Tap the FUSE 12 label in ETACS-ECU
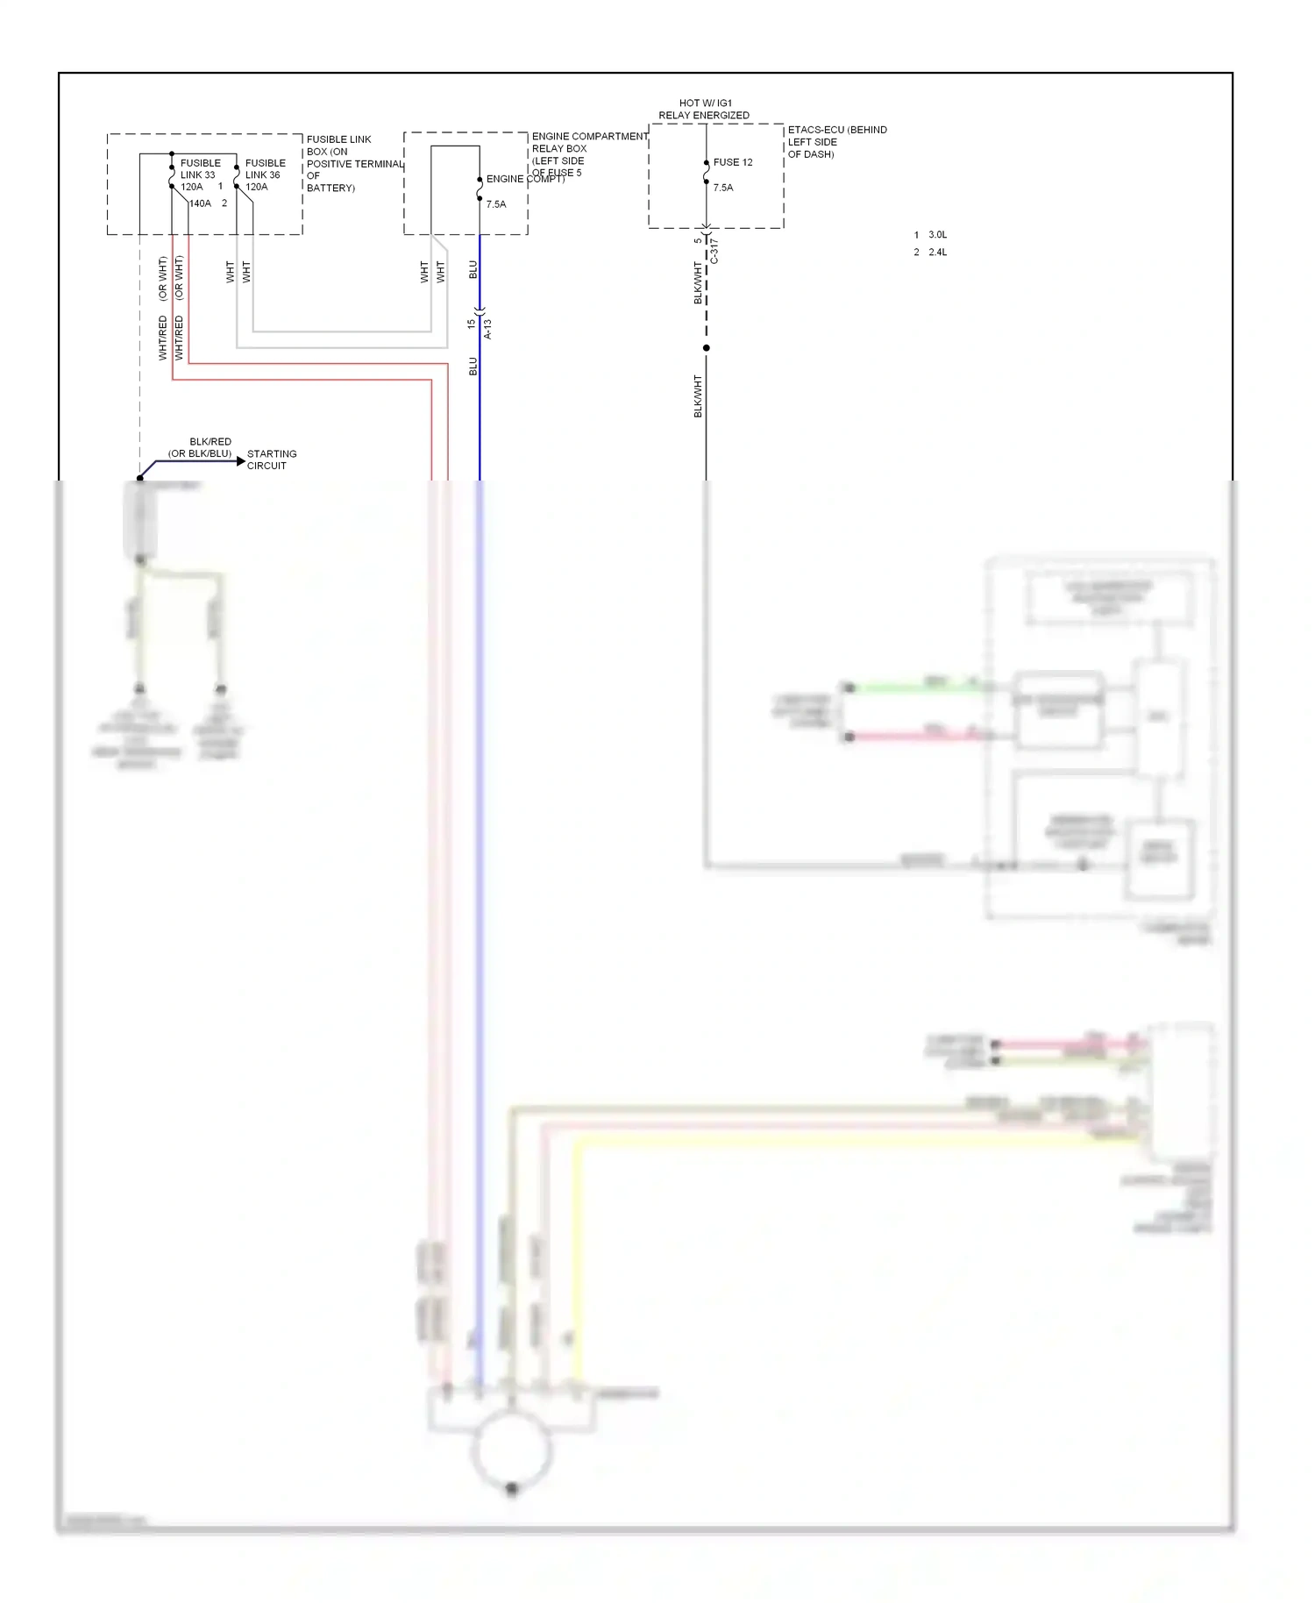click(733, 162)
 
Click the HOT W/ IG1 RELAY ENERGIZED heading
click(704, 110)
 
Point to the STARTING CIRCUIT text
click(271, 460)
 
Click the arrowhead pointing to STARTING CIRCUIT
click(241, 460)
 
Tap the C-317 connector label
click(714, 251)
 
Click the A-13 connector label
click(488, 329)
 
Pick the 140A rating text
click(201, 203)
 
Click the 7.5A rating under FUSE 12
click(723, 188)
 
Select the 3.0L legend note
click(937, 235)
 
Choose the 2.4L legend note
click(937, 253)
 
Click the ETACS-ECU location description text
click(836, 142)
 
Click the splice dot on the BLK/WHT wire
click(707, 348)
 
